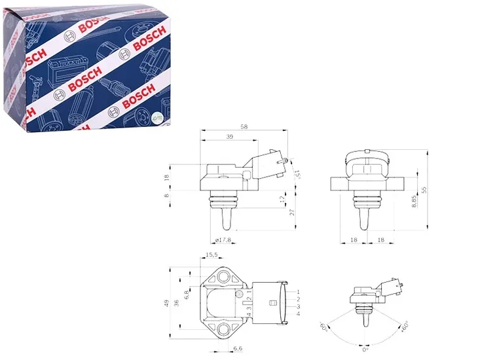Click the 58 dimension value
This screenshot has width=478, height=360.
click(244, 126)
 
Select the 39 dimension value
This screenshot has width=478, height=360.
click(230, 137)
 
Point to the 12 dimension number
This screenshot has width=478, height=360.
click(282, 199)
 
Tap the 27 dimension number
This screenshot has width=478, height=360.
click(292, 213)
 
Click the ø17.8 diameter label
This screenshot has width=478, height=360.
click(223, 240)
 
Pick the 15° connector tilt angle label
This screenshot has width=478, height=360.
click(297, 173)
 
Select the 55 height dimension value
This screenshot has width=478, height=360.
click(424, 190)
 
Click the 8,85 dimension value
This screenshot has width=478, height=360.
click(414, 202)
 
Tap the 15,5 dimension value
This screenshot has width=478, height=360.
click(211, 255)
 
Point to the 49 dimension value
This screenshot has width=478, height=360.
click(166, 303)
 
